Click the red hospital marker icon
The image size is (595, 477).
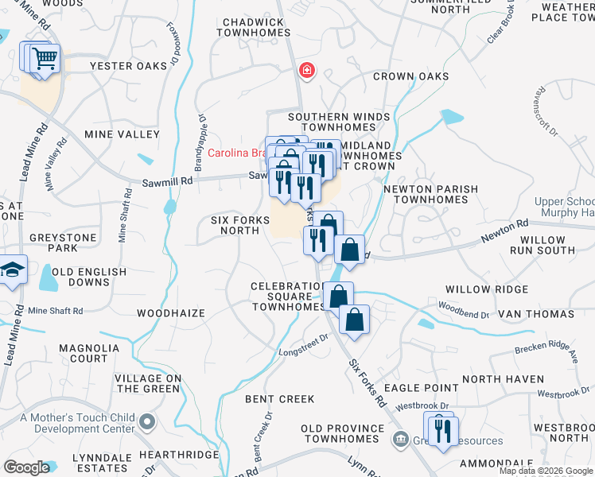point(305,72)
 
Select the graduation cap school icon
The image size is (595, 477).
point(12,271)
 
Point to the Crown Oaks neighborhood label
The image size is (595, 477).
point(410,77)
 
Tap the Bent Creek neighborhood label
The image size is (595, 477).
point(280,398)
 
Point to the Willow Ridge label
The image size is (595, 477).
point(486,289)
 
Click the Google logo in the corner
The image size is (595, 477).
point(26,467)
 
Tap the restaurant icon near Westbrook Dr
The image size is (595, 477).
point(442,430)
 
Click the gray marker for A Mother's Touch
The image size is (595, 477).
point(146,421)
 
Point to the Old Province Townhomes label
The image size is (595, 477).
point(340,434)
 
